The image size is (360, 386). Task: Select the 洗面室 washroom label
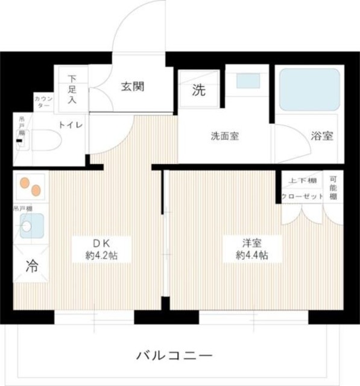pos(225,136)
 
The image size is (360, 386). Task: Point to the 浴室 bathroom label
pos(321,136)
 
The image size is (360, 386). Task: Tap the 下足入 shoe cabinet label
pos(72,89)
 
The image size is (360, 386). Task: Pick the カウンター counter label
pos(43,101)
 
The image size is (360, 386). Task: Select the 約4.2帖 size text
pos(100,255)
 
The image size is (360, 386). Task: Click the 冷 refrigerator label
pos(31,266)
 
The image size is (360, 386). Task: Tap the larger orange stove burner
pos(36,191)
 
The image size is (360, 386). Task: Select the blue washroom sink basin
pos(246,80)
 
